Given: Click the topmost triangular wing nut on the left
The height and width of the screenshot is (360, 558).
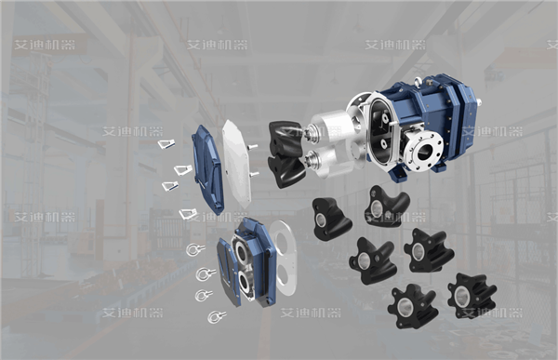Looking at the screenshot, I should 166,144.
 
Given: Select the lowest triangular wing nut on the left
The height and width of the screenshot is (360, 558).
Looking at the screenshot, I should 187,215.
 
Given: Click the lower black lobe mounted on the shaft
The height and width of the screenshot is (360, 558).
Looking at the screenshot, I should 285,168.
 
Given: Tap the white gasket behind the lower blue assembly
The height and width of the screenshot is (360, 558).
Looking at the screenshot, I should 285,260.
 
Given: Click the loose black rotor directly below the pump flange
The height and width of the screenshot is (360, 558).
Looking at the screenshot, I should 386,206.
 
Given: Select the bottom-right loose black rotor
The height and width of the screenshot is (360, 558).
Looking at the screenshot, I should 471,295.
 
